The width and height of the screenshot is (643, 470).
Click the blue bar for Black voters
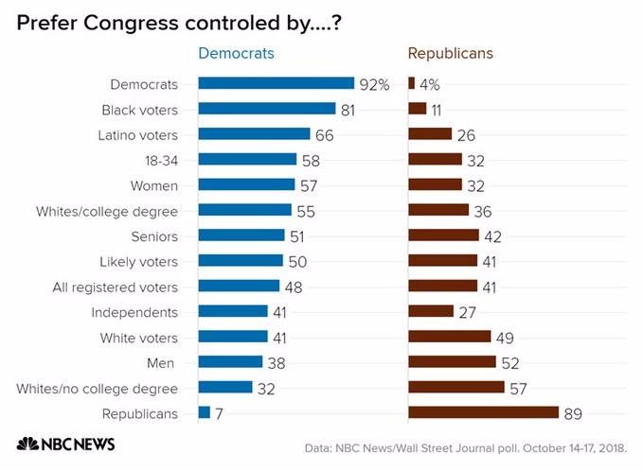(267, 109)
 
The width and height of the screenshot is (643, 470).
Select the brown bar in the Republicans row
(483, 412)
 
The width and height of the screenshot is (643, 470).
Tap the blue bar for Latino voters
(254, 134)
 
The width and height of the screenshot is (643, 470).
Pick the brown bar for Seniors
(443, 235)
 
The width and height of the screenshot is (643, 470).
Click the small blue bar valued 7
(205, 412)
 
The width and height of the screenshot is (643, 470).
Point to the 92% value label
(374, 84)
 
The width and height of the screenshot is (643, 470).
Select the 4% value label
(429, 84)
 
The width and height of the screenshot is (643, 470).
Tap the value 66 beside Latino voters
(325, 135)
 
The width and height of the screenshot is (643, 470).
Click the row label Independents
(134, 312)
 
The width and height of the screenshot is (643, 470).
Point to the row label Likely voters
(138, 261)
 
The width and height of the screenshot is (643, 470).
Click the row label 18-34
(159, 160)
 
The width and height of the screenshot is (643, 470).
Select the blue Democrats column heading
(236, 53)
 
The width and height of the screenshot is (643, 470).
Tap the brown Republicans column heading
(452, 53)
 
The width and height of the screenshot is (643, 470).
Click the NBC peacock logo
(27, 444)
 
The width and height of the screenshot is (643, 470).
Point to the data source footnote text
(472, 447)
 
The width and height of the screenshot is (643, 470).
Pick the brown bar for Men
(452, 361)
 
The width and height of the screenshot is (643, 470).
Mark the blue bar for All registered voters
(239, 286)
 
